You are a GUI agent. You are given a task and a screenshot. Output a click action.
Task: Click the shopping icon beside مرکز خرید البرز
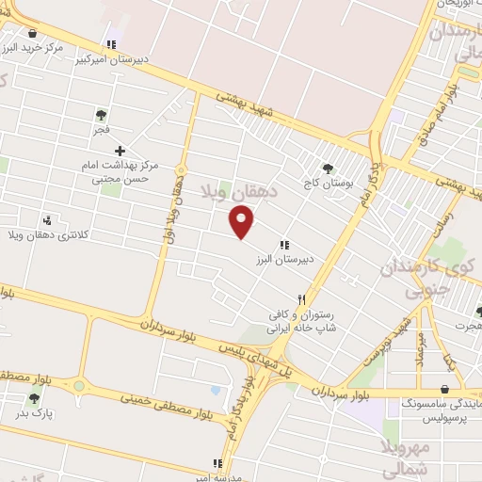[x=32, y=33]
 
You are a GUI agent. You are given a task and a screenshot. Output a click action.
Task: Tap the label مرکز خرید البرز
[x=32, y=47]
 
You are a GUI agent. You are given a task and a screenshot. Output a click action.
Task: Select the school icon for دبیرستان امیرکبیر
[x=112, y=44]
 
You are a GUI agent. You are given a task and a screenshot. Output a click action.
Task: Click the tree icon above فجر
[x=101, y=115]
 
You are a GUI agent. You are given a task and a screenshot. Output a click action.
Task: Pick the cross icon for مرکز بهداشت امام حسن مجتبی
[x=120, y=151]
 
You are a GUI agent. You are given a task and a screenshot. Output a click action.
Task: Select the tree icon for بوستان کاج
[x=328, y=169]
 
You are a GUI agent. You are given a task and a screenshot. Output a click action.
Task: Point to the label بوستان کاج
[x=328, y=184]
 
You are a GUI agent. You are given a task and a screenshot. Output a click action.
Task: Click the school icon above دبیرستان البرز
[x=284, y=245]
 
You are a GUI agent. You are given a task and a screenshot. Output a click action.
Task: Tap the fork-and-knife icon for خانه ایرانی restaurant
[x=301, y=299]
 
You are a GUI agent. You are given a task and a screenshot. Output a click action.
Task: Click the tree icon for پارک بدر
[x=35, y=398]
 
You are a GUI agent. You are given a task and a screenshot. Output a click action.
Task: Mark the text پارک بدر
[x=35, y=412]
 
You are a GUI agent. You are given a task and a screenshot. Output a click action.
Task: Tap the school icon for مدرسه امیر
[x=217, y=463]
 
